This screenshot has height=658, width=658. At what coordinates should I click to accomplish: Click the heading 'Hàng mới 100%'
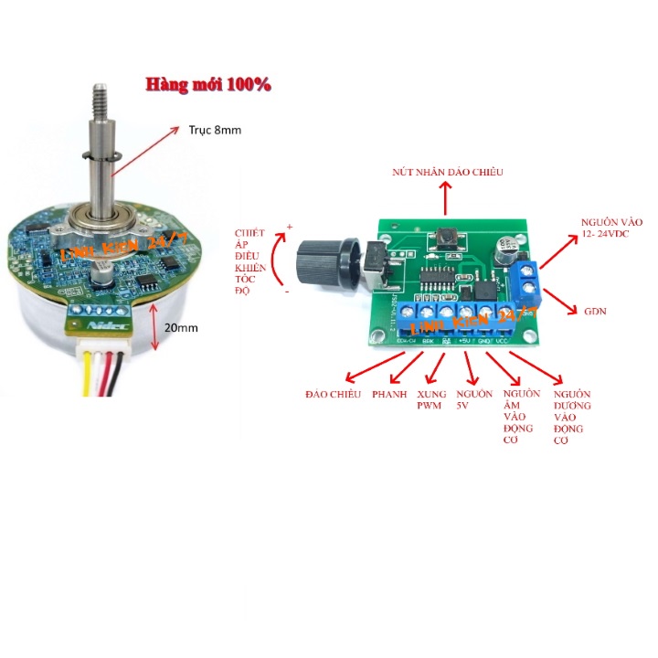point(208,84)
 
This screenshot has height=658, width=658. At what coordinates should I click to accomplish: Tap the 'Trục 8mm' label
point(215,131)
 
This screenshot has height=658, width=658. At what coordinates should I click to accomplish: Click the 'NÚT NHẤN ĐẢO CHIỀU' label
point(447,172)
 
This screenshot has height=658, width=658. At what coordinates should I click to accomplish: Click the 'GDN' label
point(596,312)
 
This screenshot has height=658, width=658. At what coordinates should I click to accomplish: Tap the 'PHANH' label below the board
point(391,394)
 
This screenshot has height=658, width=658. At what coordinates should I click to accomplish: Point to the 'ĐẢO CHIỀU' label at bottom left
point(333,394)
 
